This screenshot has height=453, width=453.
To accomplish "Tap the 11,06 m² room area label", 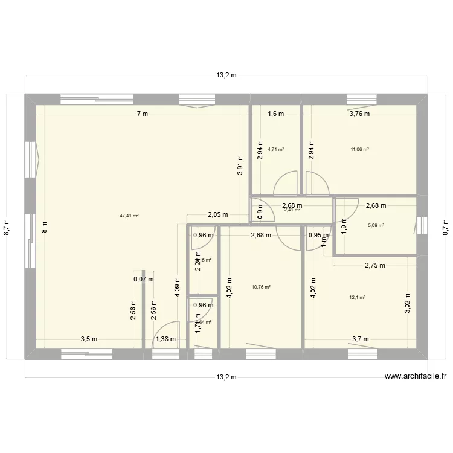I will click(359, 149).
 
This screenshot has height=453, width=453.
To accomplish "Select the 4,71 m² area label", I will click(276, 149).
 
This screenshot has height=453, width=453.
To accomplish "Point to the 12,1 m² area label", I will click(358, 297).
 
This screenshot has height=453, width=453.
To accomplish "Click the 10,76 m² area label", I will click(261, 287).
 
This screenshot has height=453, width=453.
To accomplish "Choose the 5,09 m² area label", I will click(376, 226).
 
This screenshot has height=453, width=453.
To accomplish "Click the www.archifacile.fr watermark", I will click(416, 376).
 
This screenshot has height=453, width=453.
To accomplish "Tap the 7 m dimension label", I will click(141, 114).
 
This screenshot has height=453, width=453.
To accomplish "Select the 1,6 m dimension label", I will click(275, 114).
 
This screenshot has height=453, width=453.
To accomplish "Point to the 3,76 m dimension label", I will click(359, 114).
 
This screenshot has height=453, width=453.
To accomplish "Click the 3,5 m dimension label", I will click(89, 339).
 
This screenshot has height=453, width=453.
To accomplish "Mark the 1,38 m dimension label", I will click(165, 339).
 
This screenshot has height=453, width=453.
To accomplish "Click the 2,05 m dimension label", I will click(217, 214).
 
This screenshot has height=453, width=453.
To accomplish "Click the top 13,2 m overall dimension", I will click(226, 75).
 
